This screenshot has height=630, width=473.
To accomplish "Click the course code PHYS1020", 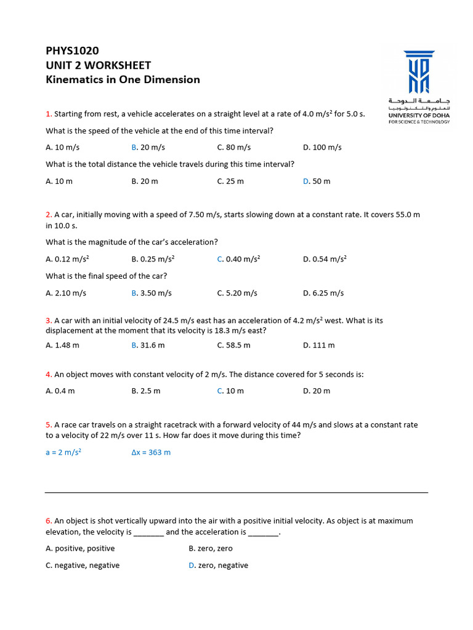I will (72, 50).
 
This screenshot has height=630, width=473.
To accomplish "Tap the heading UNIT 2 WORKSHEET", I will (98, 65).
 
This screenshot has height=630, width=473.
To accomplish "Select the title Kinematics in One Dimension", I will (123, 79).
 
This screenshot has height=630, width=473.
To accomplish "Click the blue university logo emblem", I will (419, 71).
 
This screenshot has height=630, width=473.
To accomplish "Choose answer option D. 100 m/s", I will (322, 148).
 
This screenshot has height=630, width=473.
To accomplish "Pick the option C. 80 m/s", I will (233, 148).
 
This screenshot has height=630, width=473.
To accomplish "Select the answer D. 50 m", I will (317, 181).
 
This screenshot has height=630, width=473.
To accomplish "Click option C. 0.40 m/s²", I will (238, 260).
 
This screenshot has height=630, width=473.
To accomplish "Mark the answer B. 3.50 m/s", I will (152, 293).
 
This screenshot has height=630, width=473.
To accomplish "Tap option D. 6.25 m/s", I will (323, 293).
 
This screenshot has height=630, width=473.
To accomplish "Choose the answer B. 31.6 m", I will (148, 345).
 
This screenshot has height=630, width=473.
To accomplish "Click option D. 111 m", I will (318, 345).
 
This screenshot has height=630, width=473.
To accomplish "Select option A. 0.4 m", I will (60, 391).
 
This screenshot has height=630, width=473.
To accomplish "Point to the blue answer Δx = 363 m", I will (151, 452).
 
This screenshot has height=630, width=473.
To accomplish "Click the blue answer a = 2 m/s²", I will (63, 452).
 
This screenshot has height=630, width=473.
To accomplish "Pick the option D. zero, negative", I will (218, 565).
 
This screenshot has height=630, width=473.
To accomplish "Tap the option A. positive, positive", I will (80, 548).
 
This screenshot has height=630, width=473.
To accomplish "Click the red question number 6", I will (48, 521).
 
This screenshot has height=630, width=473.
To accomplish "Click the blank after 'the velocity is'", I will (148, 532).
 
